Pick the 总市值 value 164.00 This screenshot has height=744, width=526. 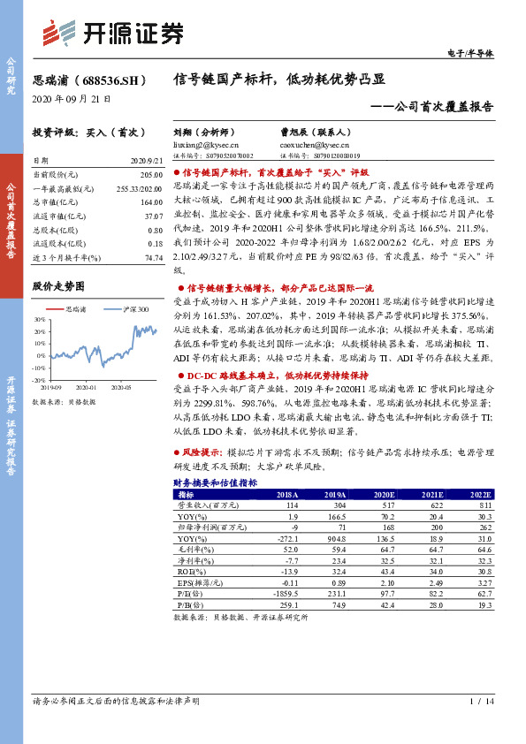coord(150,202)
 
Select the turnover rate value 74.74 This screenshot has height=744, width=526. coord(153,257)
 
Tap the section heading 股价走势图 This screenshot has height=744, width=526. coord(58,286)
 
